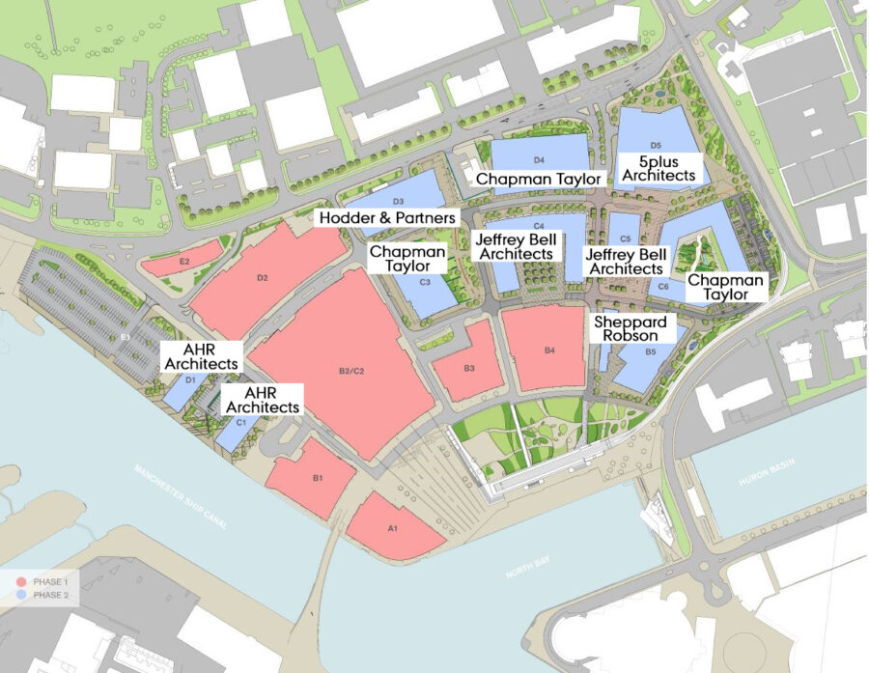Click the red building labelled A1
(394, 528)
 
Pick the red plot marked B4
(546, 350)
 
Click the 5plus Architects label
(659, 169)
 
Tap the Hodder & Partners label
(388, 219)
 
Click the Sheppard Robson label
(626, 328)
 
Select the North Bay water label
(527, 572)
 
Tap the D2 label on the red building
(261, 278)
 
